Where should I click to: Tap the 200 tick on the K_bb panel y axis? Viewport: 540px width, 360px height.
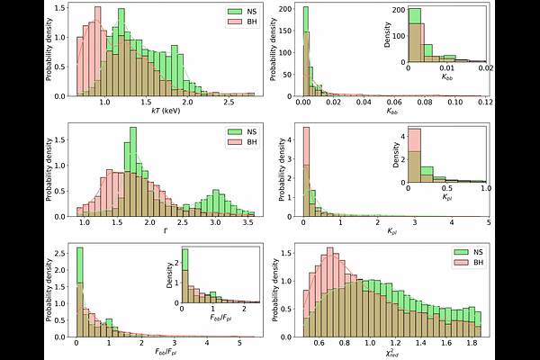pos(289,9)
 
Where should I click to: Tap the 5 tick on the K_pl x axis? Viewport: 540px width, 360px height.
pos(488,224)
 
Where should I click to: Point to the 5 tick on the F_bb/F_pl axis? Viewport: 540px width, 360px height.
pos(238,344)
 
